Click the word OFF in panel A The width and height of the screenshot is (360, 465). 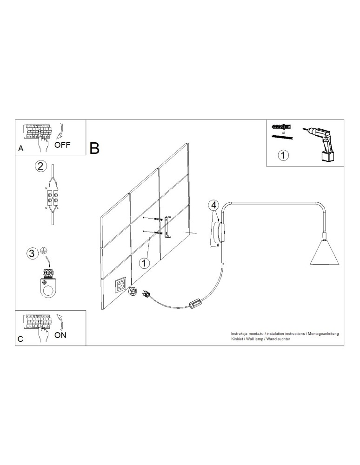point(62,144)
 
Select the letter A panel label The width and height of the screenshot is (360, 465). point(20,149)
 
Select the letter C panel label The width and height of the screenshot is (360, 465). point(20,339)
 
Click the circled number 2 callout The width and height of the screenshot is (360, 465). point(41,166)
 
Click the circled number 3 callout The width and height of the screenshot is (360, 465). point(32,253)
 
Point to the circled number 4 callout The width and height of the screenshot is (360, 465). point(213,205)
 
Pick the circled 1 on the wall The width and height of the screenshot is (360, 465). point(144,263)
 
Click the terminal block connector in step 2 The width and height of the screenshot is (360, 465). point(52,199)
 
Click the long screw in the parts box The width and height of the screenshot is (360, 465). point(282,136)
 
